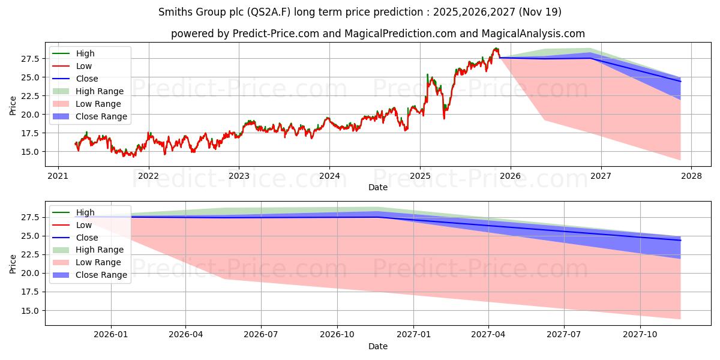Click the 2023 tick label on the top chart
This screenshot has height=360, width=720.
click(x=239, y=176)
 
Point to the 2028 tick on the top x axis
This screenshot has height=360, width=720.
click(x=691, y=176)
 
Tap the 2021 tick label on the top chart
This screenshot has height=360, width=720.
click(x=58, y=176)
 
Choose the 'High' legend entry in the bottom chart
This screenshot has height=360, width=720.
click(x=85, y=212)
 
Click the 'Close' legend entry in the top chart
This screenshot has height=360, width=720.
click(x=87, y=79)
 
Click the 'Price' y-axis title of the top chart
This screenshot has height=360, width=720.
click(x=13, y=105)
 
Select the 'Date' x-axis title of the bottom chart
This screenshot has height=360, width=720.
click(x=378, y=346)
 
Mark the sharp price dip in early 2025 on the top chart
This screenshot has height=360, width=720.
click(x=444, y=118)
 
